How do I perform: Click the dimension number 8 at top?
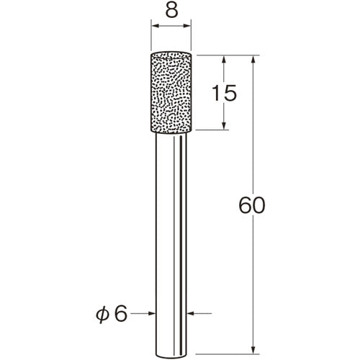tap(171, 11)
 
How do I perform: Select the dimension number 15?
tap(225, 93)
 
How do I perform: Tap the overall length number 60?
tap(252, 205)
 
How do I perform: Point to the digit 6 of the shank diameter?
tap(120, 314)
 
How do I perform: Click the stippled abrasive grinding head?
tap(171, 92)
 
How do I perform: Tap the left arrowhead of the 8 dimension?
tap(156, 26)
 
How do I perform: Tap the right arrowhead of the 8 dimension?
tap(186, 26)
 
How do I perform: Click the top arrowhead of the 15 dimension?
tap(223, 60)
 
